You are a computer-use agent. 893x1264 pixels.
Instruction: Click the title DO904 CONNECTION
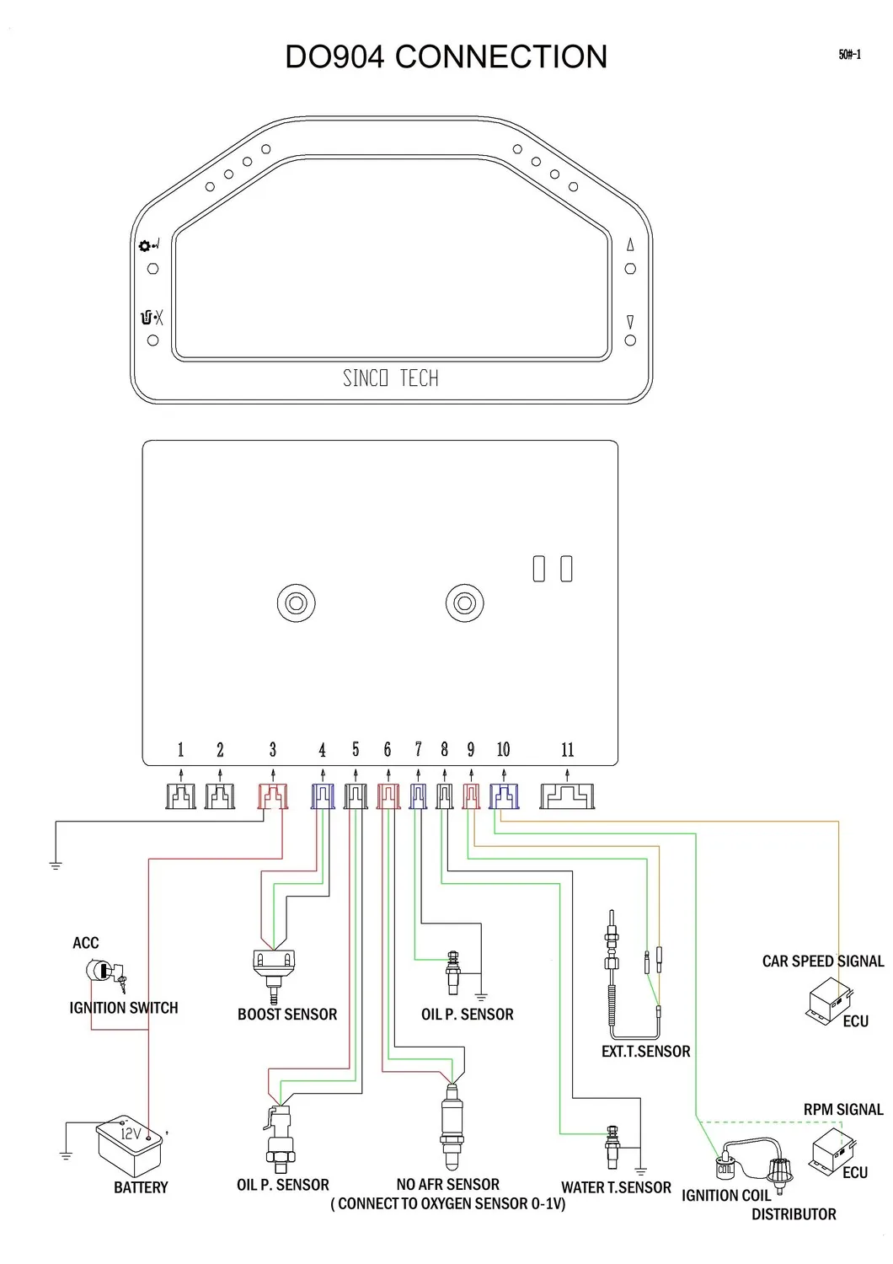[446, 56]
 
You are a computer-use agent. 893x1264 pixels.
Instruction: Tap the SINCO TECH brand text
[390, 378]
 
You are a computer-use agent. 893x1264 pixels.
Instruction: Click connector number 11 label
[567, 750]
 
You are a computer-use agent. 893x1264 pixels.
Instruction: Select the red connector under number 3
[272, 796]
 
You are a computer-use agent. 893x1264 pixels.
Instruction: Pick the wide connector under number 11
[567, 796]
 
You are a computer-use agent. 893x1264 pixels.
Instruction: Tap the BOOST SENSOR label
[286, 1015]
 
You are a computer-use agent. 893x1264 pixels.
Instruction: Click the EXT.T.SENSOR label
[645, 1052]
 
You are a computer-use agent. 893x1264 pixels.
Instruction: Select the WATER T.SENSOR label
[616, 1187]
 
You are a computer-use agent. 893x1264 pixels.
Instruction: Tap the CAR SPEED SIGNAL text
[822, 961]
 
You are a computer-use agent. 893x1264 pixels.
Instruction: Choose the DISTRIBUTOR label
[794, 1214]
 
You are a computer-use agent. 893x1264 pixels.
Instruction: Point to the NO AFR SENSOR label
[447, 1185]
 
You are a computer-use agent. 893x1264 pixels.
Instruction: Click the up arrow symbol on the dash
[630, 245]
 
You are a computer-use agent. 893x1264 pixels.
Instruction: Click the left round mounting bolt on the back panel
[296, 603]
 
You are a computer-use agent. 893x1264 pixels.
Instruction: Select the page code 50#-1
[849, 55]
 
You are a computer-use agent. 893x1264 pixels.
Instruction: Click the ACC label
[85, 943]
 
